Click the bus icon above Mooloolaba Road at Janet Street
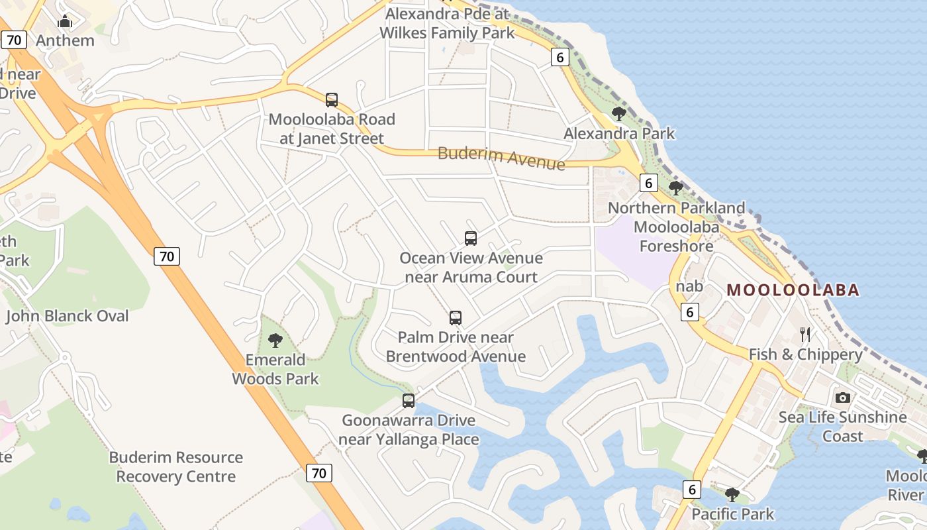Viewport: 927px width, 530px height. tap(332, 100)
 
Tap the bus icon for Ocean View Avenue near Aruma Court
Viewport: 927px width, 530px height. tap(471, 238)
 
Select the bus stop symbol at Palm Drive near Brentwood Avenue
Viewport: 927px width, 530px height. tap(456, 318)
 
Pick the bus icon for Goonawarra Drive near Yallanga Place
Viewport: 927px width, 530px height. tap(409, 401)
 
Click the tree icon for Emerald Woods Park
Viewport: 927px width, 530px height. tap(275, 341)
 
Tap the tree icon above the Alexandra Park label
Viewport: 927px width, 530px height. tap(619, 114)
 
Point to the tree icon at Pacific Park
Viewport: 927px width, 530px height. tap(732, 494)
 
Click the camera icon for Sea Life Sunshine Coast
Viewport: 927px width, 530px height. tap(842, 397)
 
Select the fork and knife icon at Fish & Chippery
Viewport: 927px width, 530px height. tap(805, 335)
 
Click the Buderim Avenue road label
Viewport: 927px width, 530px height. tap(501, 158)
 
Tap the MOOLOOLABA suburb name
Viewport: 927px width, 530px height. tap(793, 290)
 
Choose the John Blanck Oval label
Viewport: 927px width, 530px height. tap(68, 316)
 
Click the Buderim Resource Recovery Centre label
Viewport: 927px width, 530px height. tap(176, 467)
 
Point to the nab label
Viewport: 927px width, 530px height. tap(689, 286)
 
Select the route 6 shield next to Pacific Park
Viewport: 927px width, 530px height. tap(692, 490)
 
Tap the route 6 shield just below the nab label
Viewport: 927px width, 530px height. tap(690, 311)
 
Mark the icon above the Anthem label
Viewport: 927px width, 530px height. tap(65, 22)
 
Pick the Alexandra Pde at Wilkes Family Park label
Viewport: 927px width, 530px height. tap(447, 23)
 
